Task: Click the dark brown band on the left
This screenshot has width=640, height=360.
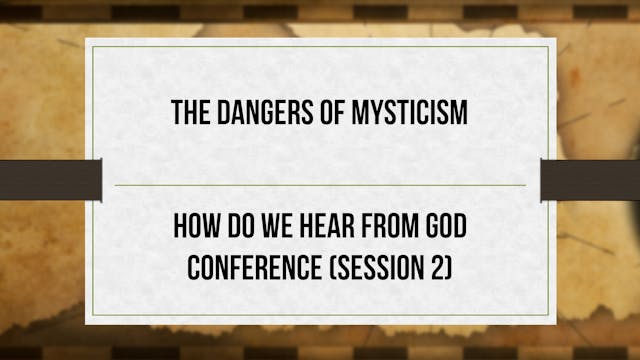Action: pos(50,179)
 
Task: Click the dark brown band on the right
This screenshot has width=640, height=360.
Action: pos(590,179)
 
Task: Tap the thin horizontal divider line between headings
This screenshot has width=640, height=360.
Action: pos(320,185)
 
